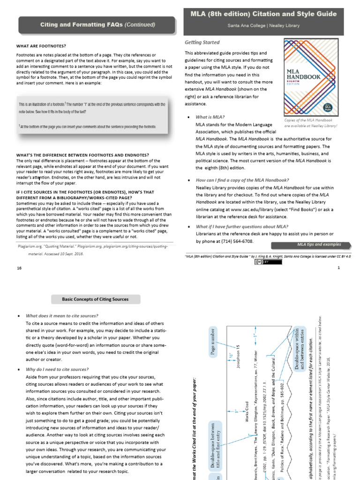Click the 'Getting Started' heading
pyautogui.click(x=202, y=43)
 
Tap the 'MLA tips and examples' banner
pyautogui.click(x=319, y=244)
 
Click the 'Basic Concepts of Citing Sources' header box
pyautogui.click(x=95, y=299)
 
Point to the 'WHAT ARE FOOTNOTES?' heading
pyautogui.click(x=41, y=45)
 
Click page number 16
pyautogui.click(x=19, y=268)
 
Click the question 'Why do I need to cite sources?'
pyautogui.click(x=57, y=369)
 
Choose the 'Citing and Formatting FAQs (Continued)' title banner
pyautogui.click(x=97, y=24)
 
